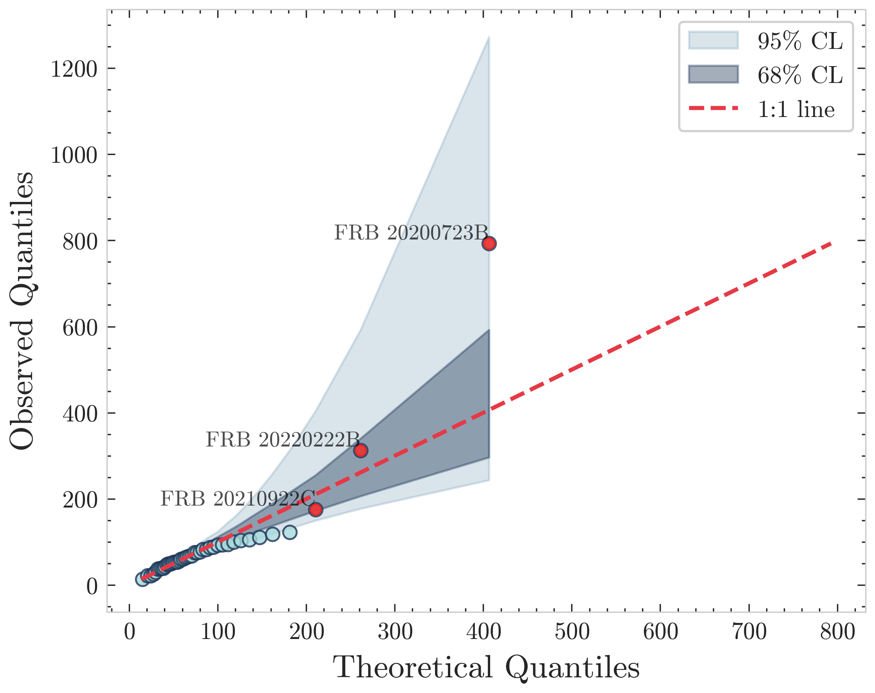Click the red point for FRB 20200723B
(x=489, y=243)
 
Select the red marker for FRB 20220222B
(x=361, y=450)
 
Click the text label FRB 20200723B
(x=411, y=233)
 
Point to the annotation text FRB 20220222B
(x=283, y=440)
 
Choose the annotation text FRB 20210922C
(x=238, y=499)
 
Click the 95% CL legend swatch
(x=713, y=40)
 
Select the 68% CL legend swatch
(x=713, y=74)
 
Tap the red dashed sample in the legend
(x=713, y=108)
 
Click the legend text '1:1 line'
(x=796, y=109)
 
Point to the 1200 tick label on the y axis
(x=74, y=69)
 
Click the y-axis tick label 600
(x=80, y=328)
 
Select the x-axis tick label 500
(x=572, y=632)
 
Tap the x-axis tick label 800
(x=838, y=632)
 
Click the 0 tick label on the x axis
(x=130, y=632)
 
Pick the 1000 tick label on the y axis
(x=74, y=155)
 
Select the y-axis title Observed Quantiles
(x=22, y=311)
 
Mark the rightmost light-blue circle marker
(x=289, y=532)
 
